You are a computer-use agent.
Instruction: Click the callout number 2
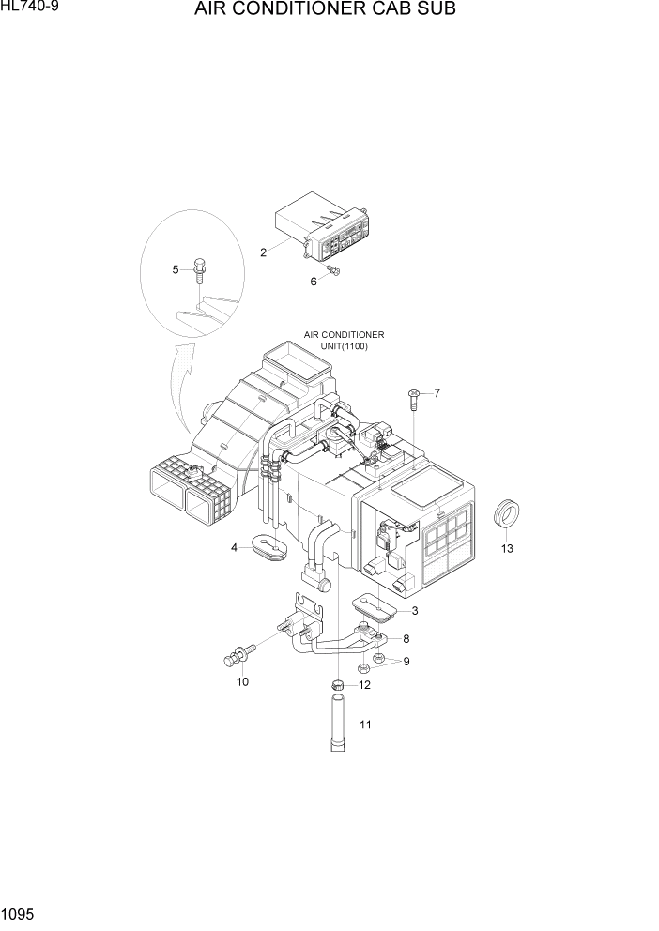coord(264,252)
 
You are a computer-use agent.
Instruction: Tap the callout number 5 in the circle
coord(176,270)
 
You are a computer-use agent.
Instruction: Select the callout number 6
coord(314,281)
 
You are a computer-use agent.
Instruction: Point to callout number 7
coord(436,392)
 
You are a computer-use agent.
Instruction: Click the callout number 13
coord(507,549)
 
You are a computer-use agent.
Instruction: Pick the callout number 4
coord(235,548)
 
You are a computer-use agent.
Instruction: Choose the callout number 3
coord(414,611)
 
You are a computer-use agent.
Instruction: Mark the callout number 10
coord(242,681)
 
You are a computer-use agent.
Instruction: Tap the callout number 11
coord(366,725)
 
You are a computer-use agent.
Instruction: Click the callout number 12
coord(364,685)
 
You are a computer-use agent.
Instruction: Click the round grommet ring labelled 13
coord(507,515)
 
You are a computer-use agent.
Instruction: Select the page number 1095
coord(20,913)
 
